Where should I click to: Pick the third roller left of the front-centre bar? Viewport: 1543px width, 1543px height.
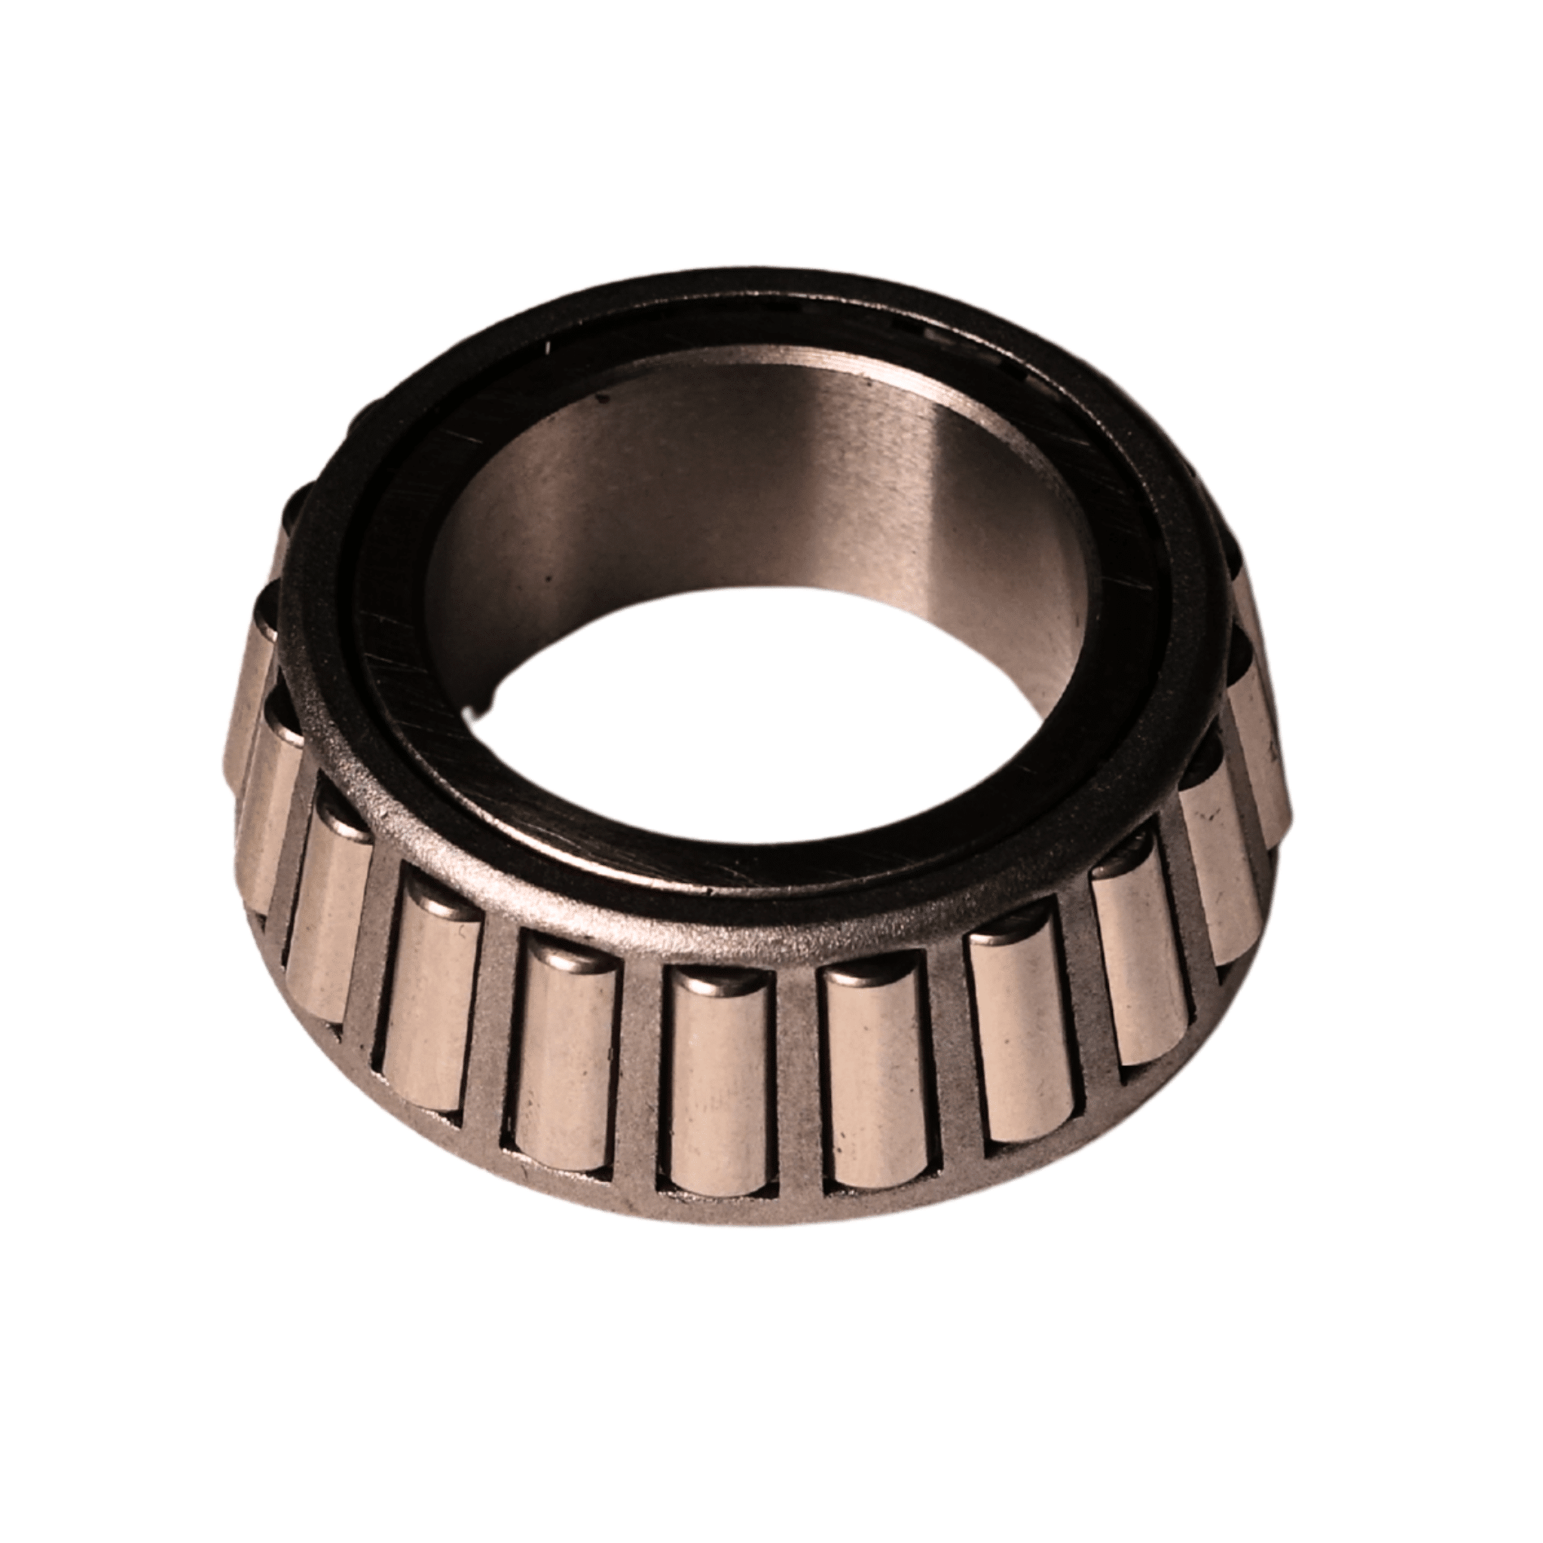(x=431, y=1014)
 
